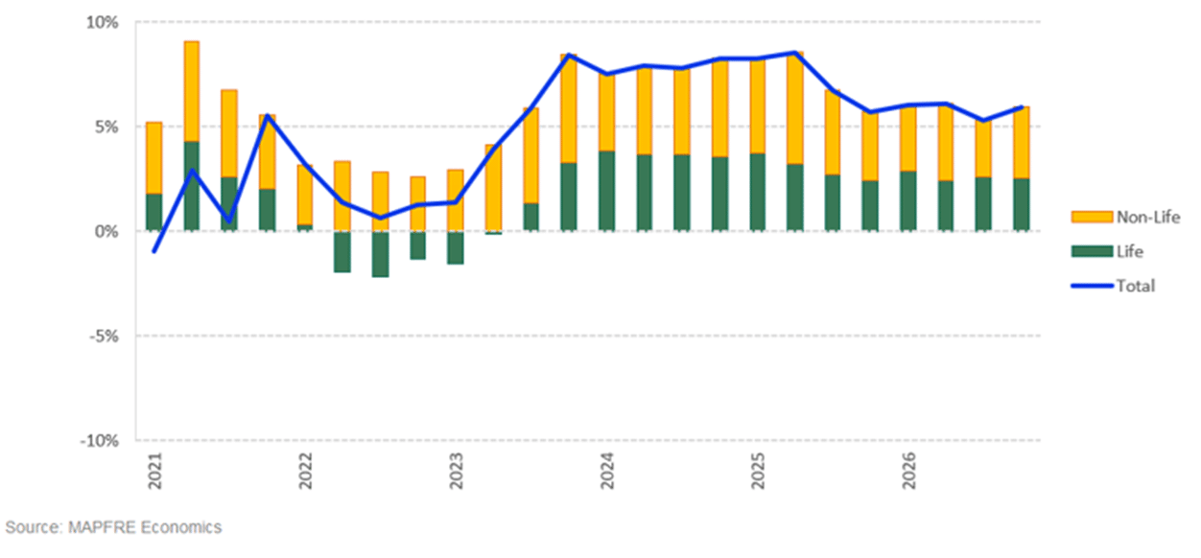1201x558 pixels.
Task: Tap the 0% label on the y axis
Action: pyautogui.click(x=107, y=231)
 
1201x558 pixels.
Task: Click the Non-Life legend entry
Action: pyautogui.click(x=1147, y=218)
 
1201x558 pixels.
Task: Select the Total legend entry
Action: pyautogui.click(x=1136, y=286)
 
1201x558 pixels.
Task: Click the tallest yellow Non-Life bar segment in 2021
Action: pyautogui.click(x=192, y=91)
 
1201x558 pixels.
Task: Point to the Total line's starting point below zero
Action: pyautogui.click(x=154, y=251)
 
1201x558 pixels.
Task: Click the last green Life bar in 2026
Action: pyautogui.click(x=1022, y=204)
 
